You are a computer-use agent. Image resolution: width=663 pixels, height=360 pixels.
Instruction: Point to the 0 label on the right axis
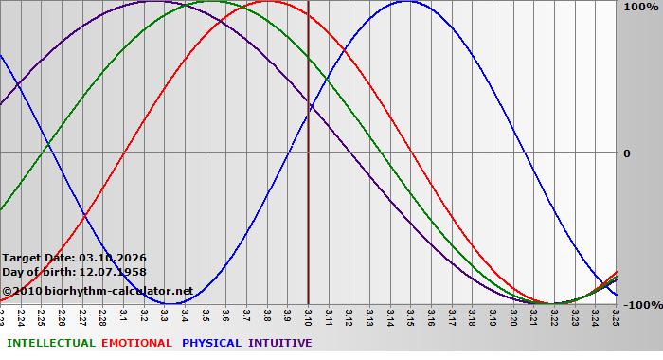point(625,153)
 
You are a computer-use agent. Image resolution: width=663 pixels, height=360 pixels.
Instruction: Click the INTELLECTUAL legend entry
point(51,343)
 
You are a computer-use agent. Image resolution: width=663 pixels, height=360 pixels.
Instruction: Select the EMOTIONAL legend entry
point(136,343)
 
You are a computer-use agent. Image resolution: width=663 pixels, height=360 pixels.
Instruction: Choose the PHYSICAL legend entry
point(212,343)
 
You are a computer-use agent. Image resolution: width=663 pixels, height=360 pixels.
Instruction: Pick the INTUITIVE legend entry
point(280,343)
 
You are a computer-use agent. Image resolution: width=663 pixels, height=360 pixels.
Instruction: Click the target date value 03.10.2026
point(113,258)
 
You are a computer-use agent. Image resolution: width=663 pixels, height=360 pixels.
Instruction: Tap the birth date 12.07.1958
point(112,272)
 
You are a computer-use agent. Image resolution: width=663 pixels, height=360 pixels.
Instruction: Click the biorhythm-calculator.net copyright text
point(98,291)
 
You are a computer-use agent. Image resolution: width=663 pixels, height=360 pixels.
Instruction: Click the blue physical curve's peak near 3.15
point(406,1)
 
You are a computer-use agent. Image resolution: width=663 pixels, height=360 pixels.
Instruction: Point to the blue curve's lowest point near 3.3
point(168,304)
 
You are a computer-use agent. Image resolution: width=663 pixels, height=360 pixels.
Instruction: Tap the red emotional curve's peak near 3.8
point(268,1)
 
